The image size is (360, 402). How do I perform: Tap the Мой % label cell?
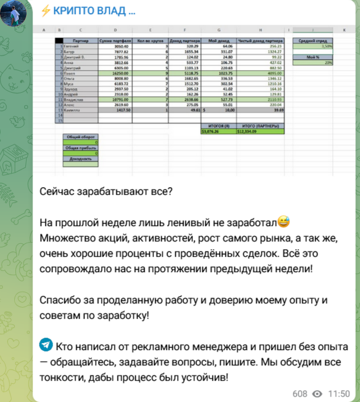(x=313, y=57)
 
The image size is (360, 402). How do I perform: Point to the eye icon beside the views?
(x=317, y=393)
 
